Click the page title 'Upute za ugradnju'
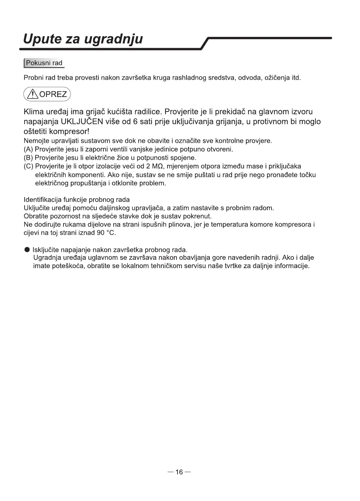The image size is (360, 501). [83, 39]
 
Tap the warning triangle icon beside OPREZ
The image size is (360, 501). [33, 95]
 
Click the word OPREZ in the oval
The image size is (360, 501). [53, 95]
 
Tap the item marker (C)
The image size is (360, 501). [29, 166]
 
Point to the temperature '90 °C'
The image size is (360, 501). [106, 233]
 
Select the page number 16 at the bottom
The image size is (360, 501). [179, 472]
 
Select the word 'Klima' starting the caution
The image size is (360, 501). [35, 112]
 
